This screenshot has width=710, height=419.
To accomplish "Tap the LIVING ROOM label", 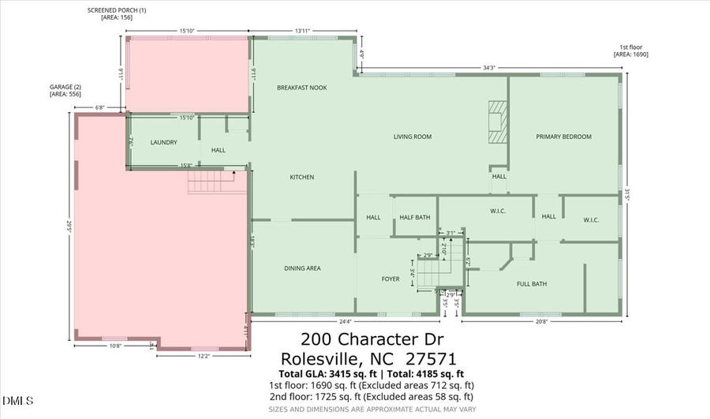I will click(x=413, y=137).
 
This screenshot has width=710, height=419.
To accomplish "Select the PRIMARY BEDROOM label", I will click(x=563, y=137).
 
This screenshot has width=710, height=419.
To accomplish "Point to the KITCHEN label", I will click(x=301, y=177).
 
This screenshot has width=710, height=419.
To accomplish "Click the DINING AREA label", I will click(x=302, y=268).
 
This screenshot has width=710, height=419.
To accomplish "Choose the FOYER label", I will click(x=390, y=278).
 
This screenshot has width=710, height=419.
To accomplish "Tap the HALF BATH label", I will click(x=414, y=217).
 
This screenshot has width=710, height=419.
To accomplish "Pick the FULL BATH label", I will click(x=532, y=283).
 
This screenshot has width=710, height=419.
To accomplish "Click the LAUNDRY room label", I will click(x=163, y=143).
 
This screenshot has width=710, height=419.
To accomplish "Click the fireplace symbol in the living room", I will click(x=497, y=122).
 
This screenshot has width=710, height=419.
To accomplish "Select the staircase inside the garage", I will click(x=211, y=183).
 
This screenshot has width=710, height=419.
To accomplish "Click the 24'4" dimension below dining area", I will click(x=344, y=321).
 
